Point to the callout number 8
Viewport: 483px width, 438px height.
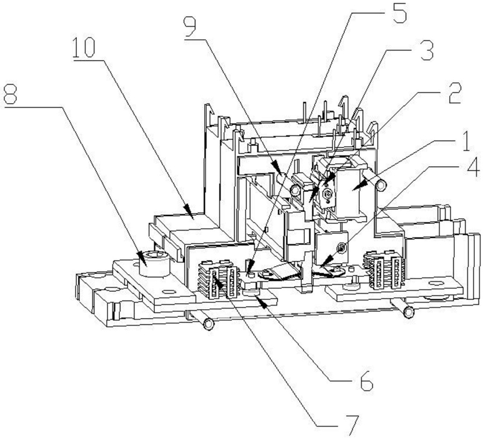tap(9, 95)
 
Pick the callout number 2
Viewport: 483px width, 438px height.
tap(454, 93)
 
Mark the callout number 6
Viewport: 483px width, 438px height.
tap(366, 381)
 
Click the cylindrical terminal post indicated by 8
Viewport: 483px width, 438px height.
tap(154, 263)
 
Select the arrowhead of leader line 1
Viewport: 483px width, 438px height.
tap(357, 186)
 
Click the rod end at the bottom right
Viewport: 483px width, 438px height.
tap(409, 312)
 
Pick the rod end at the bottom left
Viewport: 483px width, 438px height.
tap(209, 324)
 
